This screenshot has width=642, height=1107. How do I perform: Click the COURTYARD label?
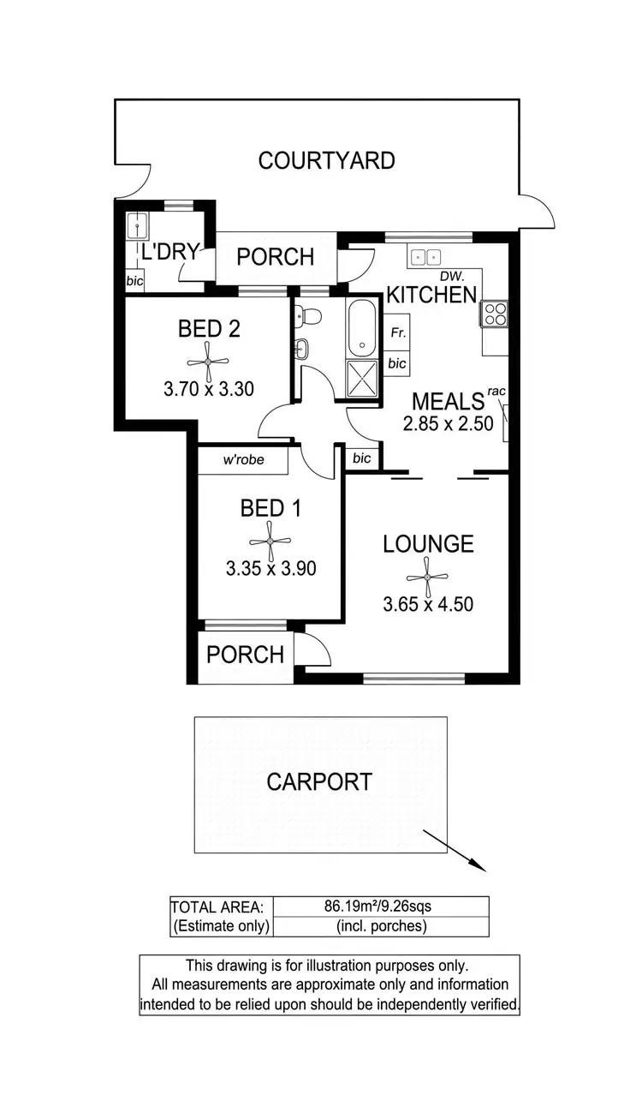[x=326, y=160]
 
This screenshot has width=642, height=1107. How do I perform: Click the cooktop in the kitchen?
[x=496, y=314]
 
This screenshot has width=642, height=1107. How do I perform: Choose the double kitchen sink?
[x=425, y=256]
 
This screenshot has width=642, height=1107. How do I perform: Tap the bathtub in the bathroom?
[x=363, y=329]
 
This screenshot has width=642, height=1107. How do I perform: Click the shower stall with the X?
[x=363, y=377]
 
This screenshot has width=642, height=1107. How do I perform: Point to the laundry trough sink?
[x=137, y=227]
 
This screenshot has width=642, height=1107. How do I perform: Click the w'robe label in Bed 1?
[x=243, y=460]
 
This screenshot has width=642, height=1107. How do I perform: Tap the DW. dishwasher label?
[x=451, y=276]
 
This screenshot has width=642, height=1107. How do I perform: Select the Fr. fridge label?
[x=397, y=332]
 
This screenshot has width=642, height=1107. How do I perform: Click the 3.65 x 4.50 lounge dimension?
[x=428, y=604]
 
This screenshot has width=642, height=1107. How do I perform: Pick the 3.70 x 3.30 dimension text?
[x=209, y=389]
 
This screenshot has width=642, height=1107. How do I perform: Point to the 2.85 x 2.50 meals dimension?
[x=449, y=422]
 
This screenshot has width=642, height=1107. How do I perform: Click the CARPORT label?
[x=319, y=781]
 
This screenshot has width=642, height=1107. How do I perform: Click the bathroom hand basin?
[x=302, y=349]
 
